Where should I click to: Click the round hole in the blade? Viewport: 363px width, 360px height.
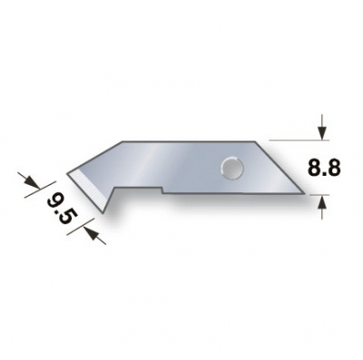(x=230, y=166)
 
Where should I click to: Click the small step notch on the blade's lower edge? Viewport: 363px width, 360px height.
(x=163, y=190)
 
